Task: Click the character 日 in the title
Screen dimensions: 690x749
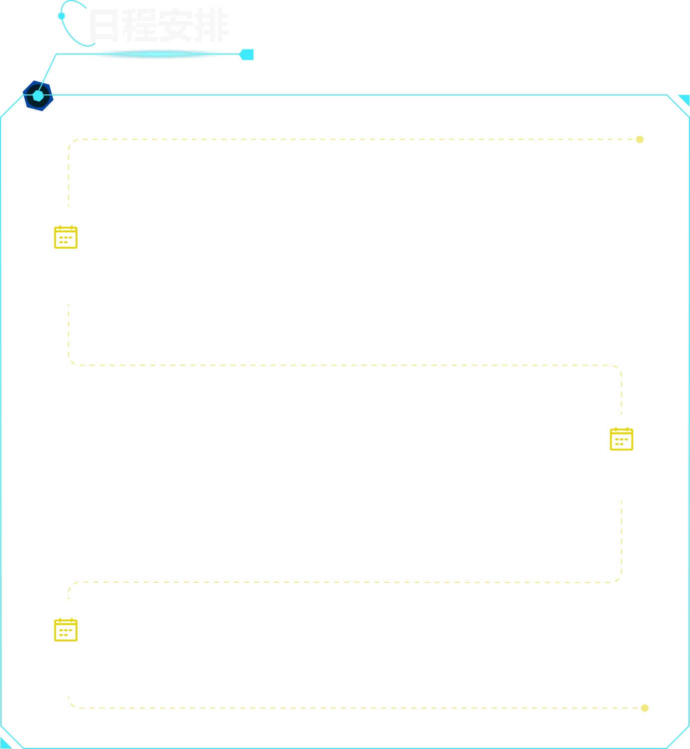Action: click(104, 25)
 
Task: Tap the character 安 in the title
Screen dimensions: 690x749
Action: click(175, 24)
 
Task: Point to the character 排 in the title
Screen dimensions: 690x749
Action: click(212, 24)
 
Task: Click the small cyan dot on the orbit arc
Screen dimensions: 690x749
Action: click(61, 16)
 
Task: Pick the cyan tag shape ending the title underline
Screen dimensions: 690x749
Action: click(247, 54)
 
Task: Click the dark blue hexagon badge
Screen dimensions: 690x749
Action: click(38, 96)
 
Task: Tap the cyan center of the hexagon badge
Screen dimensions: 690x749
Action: click(38, 96)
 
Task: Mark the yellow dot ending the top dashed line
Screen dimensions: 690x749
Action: click(640, 140)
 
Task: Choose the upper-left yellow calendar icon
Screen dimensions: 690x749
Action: click(66, 238)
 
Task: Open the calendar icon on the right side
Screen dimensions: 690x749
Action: click(621, 439)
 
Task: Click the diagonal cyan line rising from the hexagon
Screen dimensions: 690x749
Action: click(47, 72)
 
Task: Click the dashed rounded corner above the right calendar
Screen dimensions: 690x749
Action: click(618, 369)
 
